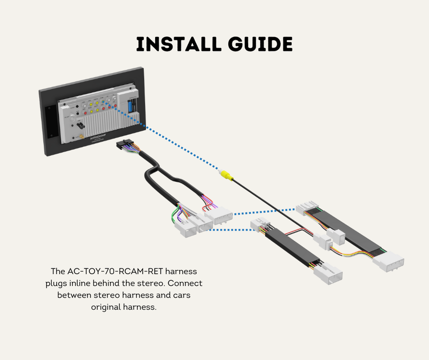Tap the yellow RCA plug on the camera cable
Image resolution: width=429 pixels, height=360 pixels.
tap(226, 175)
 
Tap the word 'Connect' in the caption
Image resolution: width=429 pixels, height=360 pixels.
tap(185, 283)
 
